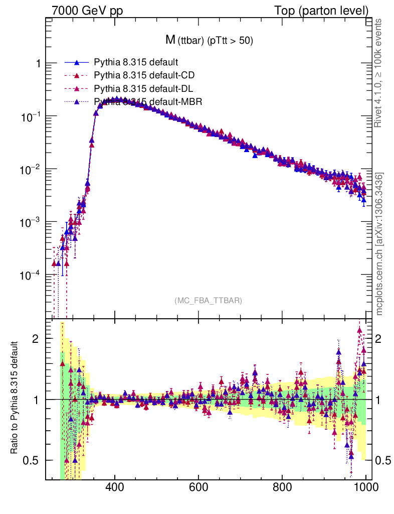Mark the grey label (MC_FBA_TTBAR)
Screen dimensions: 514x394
209,301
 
